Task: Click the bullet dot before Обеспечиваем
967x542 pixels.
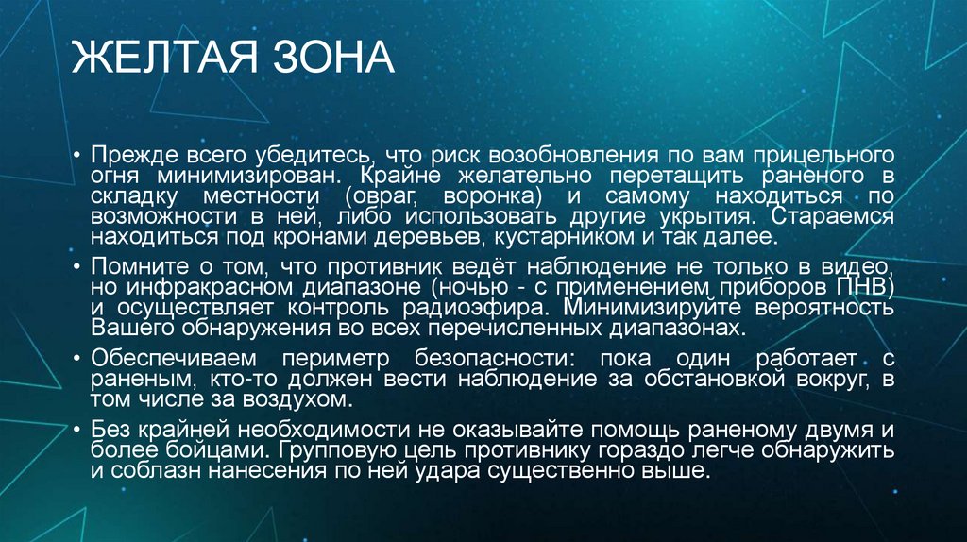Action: [79, 360]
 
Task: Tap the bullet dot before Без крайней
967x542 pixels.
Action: [79, 431]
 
